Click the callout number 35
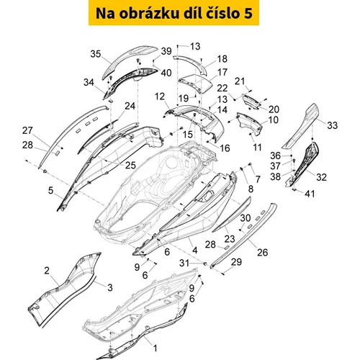pyautogui.click(x=95, y=54)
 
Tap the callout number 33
pyautogui.click(x=333, y=125)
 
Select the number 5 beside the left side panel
pyautogui.click(x=50, y=190)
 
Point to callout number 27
pyautogui.click(x=27, y=130)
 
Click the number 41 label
pyautogui.click(x=310, y=194)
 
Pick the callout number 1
pyautogui.click(x=156, y=348)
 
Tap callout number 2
pyautogui.click(x=47, y=271)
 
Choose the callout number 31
pyautogui.click(x=184, y=263)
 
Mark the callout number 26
pyautogui.click(x=262, y=252)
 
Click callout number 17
pyautogui.click(x=222, y=72)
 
